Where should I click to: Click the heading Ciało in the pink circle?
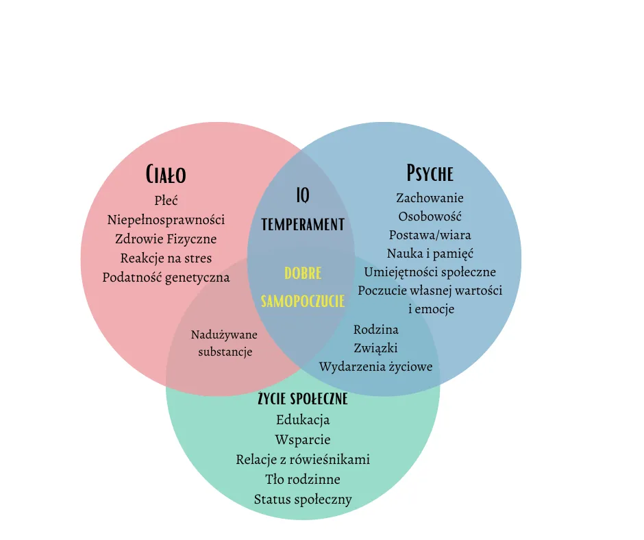coord(166,174)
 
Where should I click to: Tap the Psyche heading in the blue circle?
coord(430,172)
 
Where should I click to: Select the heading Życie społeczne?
coord(303,398)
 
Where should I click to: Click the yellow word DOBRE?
coord(303,273)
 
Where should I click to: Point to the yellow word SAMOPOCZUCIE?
coord(303,302)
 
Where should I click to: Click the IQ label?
coord(303,196)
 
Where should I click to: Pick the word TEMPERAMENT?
coord(303,224)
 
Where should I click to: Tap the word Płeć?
coord(166,201)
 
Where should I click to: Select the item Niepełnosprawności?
coord(166,220)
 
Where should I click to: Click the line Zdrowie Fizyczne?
coord(166,239)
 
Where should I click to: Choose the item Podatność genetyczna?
coord(166,278)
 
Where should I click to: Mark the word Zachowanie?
coord(430,198)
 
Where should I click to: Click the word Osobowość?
coord(430,217)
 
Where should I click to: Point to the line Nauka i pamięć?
coord(430,254)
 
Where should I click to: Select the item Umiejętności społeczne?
coord(430,272)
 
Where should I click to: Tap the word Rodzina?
coord(375,330)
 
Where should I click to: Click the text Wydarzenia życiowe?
coord(375,367)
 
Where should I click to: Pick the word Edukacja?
coord(303,419)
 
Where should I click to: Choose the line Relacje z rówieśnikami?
coord(303,459)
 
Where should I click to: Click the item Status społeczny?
coord(303,499)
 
